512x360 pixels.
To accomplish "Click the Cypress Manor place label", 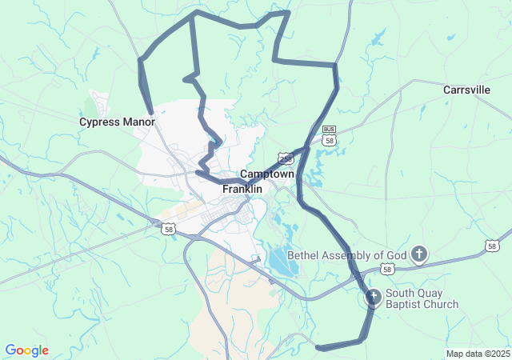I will point(117,122).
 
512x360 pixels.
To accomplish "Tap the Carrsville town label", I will point(466,90).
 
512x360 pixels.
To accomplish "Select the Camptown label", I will point(267,174).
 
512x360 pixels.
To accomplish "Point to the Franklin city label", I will point(242,189).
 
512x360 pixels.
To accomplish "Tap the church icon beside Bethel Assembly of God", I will point(419,255).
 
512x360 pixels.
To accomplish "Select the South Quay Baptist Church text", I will point(422,298).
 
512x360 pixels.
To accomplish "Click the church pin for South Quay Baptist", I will point(373,298).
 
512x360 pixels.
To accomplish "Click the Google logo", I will point(26,350).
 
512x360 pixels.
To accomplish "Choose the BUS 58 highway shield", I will point(329,135).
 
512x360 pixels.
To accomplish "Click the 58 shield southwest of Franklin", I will point(168,229).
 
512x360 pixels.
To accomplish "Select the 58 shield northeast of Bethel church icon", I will point(492,245).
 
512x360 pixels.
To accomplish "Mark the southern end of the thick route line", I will point(318,347).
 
